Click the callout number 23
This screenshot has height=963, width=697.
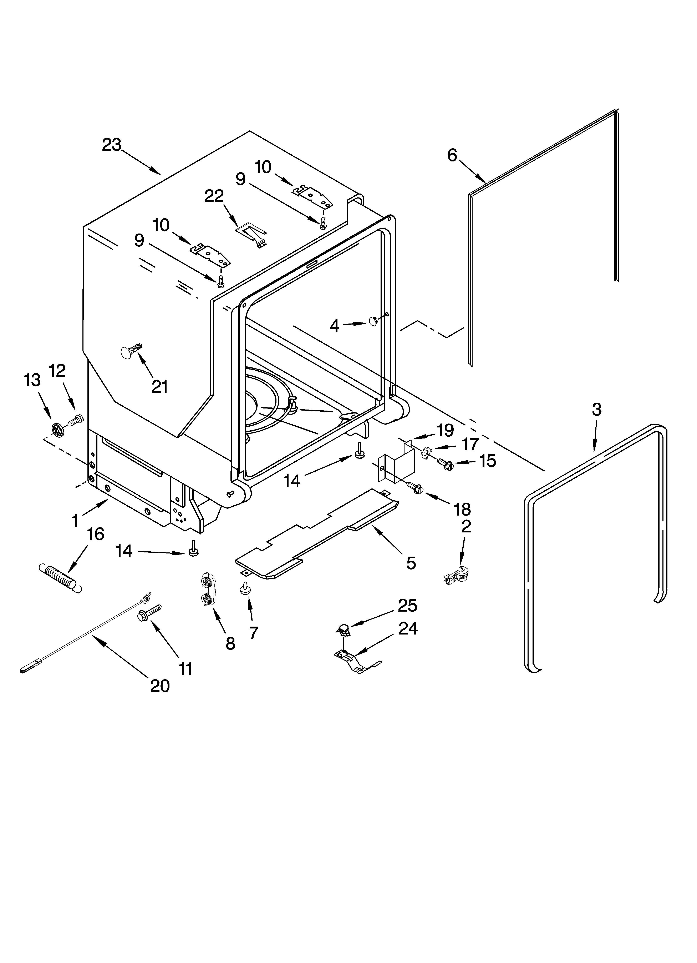[112, 145]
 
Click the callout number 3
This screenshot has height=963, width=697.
[596, 409]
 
